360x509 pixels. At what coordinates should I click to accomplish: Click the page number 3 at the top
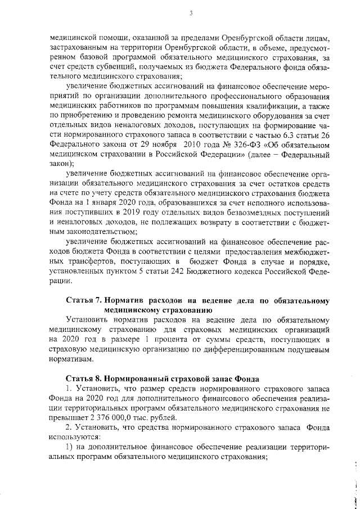tap(191, 13)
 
